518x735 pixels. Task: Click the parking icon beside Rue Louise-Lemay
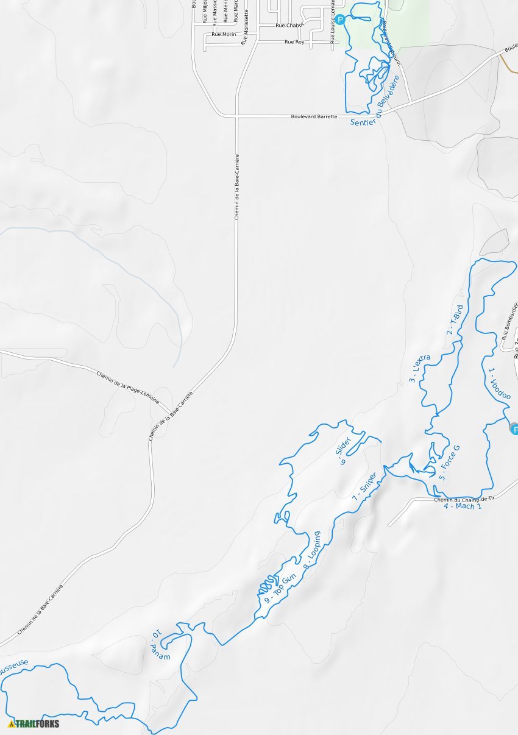tap(340, 20)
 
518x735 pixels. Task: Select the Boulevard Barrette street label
tap(314, 116)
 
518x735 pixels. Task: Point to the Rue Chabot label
tap(289, 26)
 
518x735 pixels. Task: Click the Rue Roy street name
tap(294, 42)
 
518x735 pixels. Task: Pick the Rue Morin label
tap(224, 35)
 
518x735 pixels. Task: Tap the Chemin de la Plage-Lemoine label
tap(127, 387)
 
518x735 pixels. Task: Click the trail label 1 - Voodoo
tap(499, 383)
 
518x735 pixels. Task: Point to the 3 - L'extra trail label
tap(420, 369)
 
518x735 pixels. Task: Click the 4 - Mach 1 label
tap(463, 506)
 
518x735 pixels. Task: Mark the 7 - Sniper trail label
tap(364, 488)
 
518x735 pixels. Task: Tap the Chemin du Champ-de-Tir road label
tap(464, 499)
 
